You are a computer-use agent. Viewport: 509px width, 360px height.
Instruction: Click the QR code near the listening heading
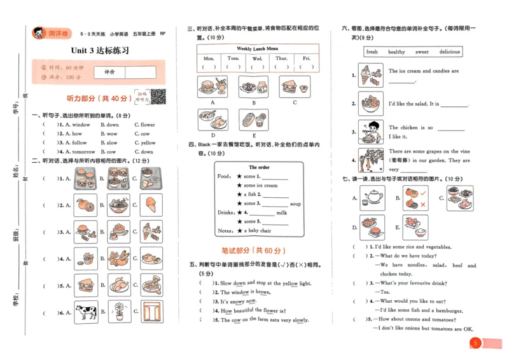pos(158,97)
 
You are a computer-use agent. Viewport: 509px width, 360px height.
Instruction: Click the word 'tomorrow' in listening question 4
pos(83,152)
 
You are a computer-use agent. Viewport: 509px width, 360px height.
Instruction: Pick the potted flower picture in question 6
pos(118,312)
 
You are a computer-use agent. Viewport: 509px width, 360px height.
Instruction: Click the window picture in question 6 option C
pos(152,312)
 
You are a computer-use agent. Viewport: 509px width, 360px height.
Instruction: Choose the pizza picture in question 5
pos(152,286)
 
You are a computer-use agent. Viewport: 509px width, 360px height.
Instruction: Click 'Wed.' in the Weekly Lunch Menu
pos(258,58)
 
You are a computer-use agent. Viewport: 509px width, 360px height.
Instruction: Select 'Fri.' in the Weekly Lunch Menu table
pos(307,58)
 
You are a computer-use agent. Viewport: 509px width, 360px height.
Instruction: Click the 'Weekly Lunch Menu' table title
pos(257,48)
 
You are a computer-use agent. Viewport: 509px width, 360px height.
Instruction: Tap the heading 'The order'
pos(259,167)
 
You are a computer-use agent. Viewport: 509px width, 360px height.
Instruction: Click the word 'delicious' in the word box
pos(449,52)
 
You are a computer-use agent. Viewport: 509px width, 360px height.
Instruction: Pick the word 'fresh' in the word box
pos(372,52)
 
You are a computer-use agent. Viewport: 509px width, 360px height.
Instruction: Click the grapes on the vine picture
pos(370,160)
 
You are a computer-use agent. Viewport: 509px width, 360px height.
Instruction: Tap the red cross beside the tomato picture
pos(423,204)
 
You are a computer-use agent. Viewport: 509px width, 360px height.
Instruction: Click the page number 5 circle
pos(475,343)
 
